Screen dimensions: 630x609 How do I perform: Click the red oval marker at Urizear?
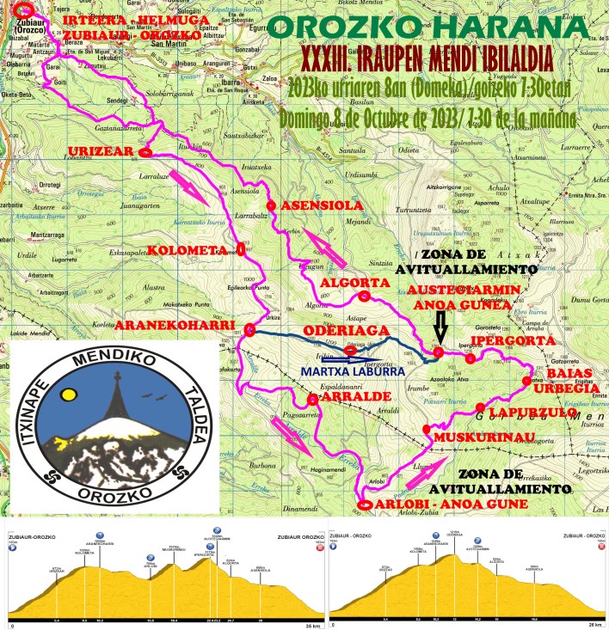pos(145,154)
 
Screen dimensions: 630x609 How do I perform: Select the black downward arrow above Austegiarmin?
pos(440,327)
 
